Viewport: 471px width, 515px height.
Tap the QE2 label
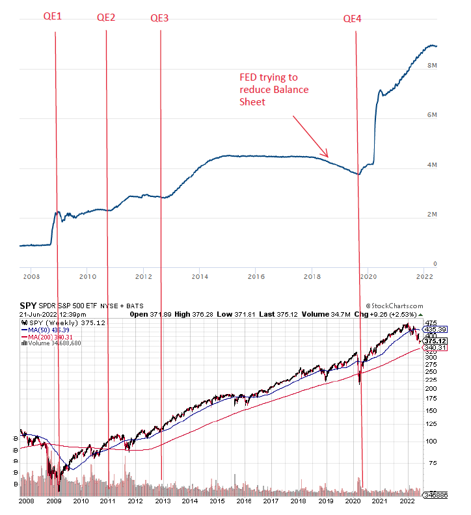106,18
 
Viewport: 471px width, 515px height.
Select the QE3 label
159,18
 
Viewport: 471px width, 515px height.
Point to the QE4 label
353,18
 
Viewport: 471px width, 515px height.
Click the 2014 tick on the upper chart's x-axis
200,276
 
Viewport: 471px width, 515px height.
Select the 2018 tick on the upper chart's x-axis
312,276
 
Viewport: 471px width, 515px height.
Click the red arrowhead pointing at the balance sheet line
328,155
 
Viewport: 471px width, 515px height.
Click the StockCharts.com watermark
394,306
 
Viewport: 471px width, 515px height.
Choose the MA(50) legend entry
49,330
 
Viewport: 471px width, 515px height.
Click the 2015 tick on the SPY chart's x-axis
217,501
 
